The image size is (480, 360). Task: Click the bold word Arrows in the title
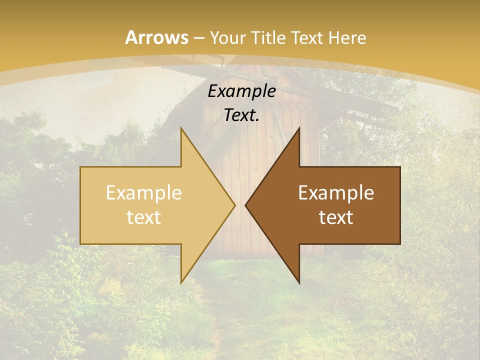(157, 37)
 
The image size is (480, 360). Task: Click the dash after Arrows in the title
(198, 38)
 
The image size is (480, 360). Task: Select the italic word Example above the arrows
(241, 91)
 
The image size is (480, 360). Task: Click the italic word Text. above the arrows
(241, 115)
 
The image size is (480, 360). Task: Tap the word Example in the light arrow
(143, 193)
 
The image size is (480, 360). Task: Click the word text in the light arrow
(143, 217)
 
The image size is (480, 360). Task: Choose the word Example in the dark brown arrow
(336, 193)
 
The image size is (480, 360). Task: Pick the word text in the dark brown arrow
(336, 217)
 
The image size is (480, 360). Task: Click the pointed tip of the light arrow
(234, 205)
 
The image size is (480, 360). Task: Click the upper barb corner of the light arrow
(181, 128)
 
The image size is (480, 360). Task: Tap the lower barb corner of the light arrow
(181, 282)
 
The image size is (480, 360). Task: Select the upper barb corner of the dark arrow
(299, 128)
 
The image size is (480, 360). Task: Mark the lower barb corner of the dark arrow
(299, 282)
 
